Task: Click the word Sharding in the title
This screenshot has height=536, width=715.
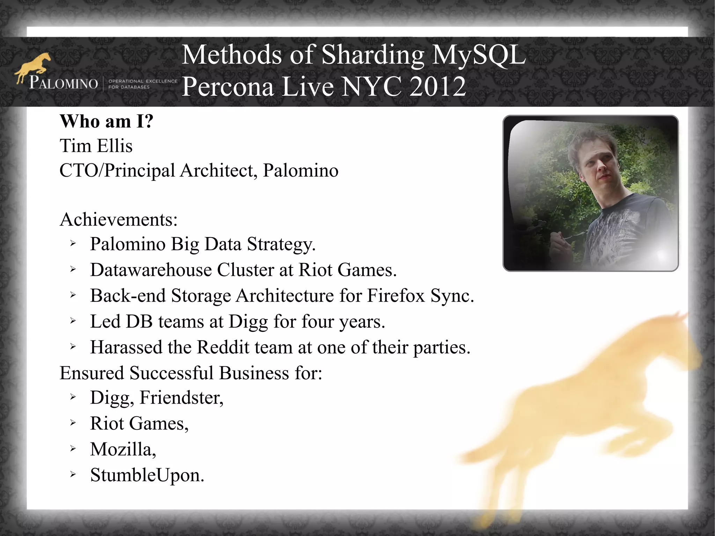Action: tap(372, 55)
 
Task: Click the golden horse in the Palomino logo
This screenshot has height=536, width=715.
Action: tap(34, 66)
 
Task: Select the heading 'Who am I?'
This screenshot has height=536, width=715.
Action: tap(106, 121)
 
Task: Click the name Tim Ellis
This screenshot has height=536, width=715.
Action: tap(96, 146)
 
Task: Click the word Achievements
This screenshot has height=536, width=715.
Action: tap(118, 220)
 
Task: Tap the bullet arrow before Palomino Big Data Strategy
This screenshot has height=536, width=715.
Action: tap(73, 243)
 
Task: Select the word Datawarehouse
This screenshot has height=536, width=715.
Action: tap(150, 270)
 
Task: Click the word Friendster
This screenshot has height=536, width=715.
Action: tap(181, 397)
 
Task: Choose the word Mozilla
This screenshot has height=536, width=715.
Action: tap(123, 449)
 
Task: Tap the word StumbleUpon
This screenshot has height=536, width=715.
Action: tap(147, 475)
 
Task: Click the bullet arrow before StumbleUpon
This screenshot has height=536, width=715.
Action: tap(73, 475)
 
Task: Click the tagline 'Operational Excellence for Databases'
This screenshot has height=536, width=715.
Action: tap(142, 84)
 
